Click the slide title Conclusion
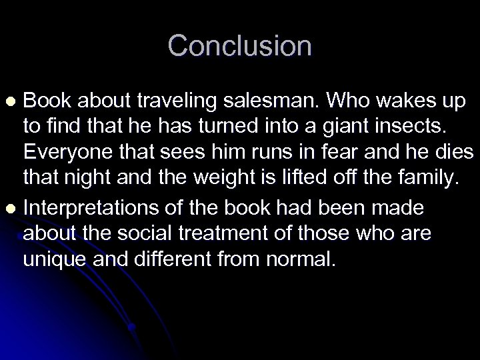(x=239, y=46)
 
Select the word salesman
(x=271, y=100)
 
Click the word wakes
(x=404, y=100)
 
